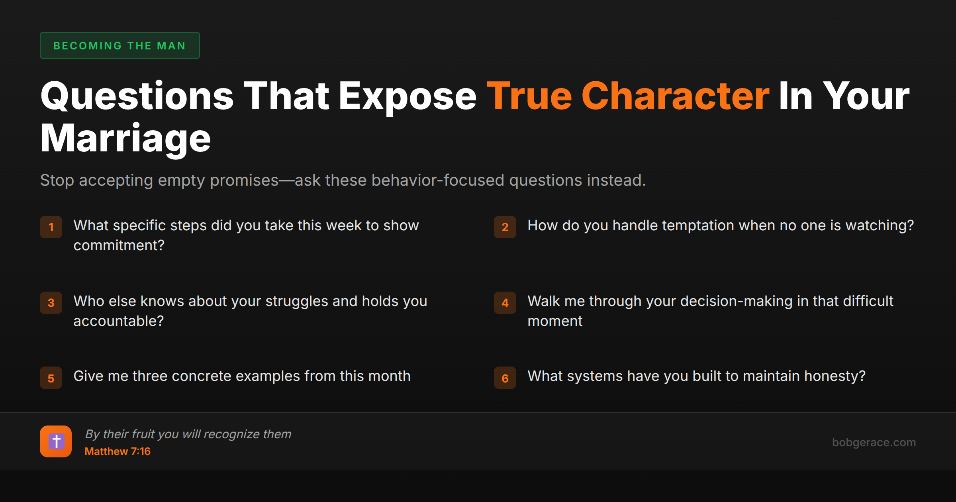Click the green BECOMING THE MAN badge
point(119,45)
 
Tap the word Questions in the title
point(137,96)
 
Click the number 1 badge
point(51,227)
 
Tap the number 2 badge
point(505,227)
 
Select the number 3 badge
point(51,303)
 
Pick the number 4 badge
point(505,303)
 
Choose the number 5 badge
point(51,378)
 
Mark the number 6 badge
point(505,378)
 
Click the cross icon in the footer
point(56,441)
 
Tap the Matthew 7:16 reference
point(118,451)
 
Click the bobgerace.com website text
point(874,442)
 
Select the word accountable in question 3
point(116,321)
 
